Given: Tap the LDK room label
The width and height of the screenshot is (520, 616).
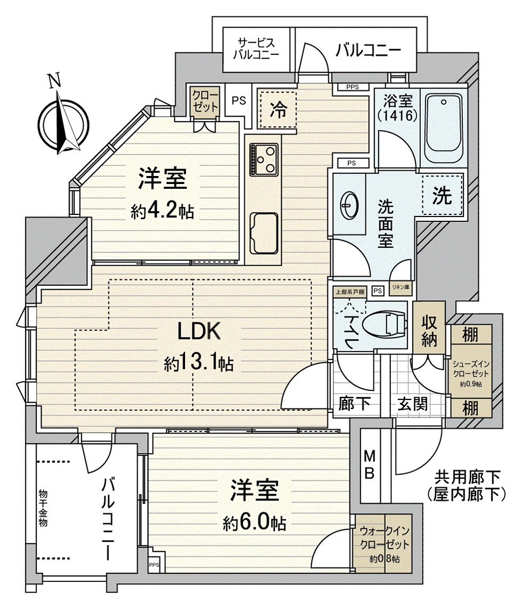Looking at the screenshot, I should pyautogui.click(x=198, y=332).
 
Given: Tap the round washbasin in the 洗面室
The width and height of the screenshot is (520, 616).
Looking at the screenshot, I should pyautogui.click(x=350, y=202).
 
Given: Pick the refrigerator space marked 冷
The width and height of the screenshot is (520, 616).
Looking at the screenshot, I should pyautogui.click(x=277, y=110).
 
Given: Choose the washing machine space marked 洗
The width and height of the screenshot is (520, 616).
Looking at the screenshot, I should pyautogui.click(x=442, y=196).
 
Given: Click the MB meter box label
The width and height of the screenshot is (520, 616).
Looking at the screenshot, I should pyautogui.click(x=370, y=464).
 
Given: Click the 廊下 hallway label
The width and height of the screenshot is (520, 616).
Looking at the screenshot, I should pyautogui.click(x=355, y=404).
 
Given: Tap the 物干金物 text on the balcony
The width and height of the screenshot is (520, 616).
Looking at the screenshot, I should pyautogui.click(x=43, y=508).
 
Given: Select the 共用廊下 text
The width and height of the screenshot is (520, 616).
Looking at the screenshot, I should pyautogui.click(x=467, y=474).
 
